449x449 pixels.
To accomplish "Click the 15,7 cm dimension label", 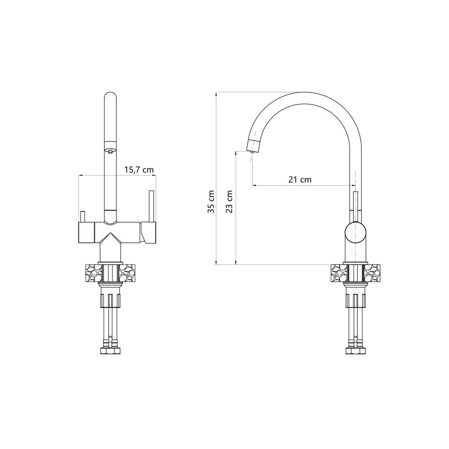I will [138, 170].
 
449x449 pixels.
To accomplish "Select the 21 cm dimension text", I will [300, 180].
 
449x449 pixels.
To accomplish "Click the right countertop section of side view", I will [372, 273].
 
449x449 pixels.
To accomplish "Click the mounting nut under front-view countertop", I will [110, 298].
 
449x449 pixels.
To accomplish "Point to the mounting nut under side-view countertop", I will [355, 298].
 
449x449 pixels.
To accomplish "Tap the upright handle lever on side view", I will [356, 204].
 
